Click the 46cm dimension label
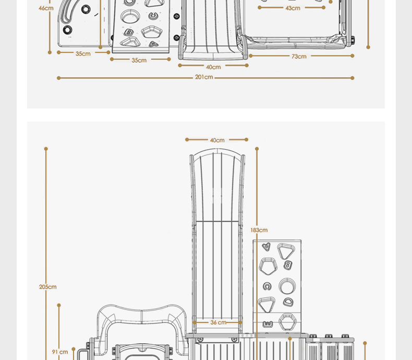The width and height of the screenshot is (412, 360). (46, 8)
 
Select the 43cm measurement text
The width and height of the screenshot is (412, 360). (293, 8)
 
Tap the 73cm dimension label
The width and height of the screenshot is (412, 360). (299, 56)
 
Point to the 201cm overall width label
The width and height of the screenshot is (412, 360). (204, 77)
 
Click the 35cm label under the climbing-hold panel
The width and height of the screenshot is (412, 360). (139, 60)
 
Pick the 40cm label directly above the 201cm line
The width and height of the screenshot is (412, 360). (213, 67)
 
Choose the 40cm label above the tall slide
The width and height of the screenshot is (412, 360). (217, 140)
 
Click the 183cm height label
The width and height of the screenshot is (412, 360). (259, 230)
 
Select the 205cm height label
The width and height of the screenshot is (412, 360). (48, 287)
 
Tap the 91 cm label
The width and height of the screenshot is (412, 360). (60, 352)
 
